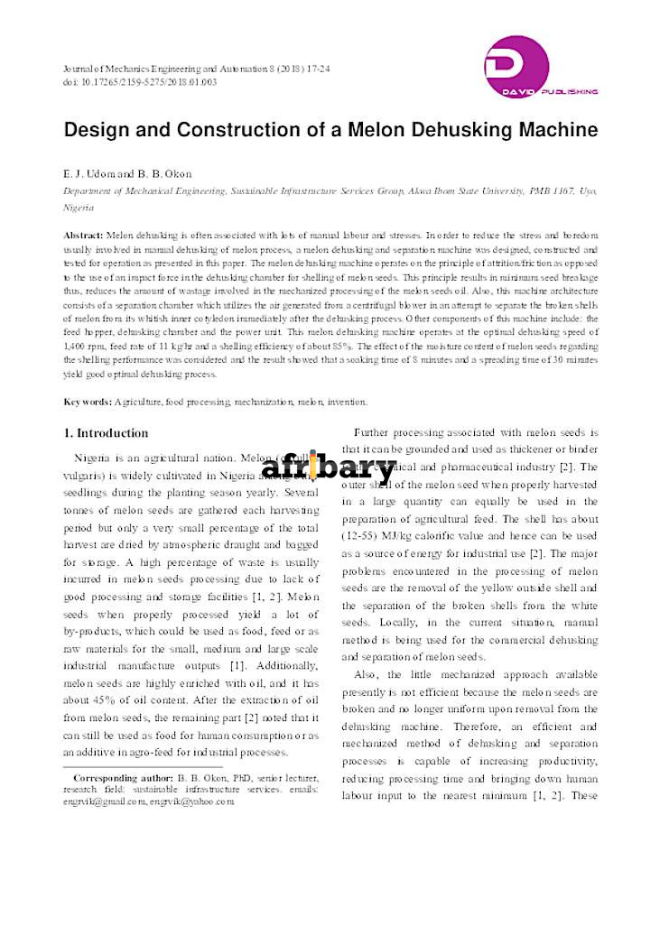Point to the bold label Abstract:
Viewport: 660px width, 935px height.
(84, 234)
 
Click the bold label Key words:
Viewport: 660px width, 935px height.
(88, 402)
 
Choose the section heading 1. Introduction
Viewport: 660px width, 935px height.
(106, 433)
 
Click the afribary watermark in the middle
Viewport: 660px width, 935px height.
(329, 468)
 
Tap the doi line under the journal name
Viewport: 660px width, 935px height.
(140, 82)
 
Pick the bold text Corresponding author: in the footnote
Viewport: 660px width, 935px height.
(123, 777)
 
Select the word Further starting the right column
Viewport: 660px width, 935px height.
(376, 432)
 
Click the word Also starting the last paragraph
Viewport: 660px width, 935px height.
(367, 675)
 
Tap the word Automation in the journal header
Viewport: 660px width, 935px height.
(242, 69)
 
